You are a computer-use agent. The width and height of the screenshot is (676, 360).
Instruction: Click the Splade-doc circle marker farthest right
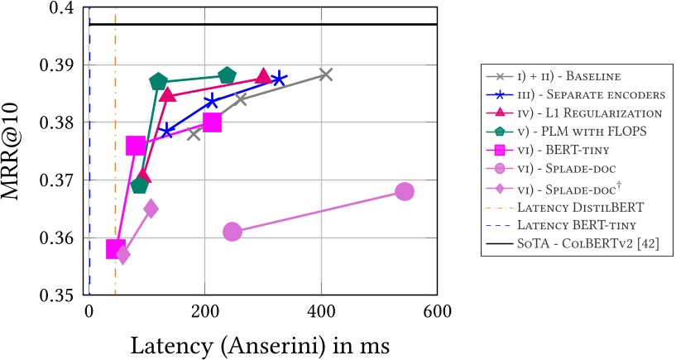click(404, 191)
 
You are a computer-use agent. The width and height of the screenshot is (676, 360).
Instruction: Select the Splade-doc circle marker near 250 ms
click(233, 232)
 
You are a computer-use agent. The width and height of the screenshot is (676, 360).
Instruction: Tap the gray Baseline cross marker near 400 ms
click(326, 74)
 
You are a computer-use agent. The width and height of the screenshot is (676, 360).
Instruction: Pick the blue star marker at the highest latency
click(279, 78)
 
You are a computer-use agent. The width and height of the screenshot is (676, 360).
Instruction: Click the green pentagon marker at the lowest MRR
click(139, 185)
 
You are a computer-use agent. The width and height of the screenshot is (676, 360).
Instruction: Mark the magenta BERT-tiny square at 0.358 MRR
click(115, 249)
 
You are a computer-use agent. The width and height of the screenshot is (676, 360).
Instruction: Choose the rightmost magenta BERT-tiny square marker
click(212, 122)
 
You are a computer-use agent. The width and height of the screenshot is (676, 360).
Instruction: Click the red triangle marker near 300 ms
click(263, 76)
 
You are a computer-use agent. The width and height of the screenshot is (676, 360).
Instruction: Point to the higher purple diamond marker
click(151, 209)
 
